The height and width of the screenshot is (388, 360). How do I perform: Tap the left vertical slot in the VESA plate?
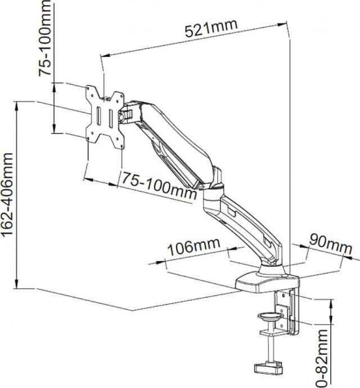97,119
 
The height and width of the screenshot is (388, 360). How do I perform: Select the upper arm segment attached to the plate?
169,141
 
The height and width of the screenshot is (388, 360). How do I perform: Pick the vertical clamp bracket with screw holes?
286,319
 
